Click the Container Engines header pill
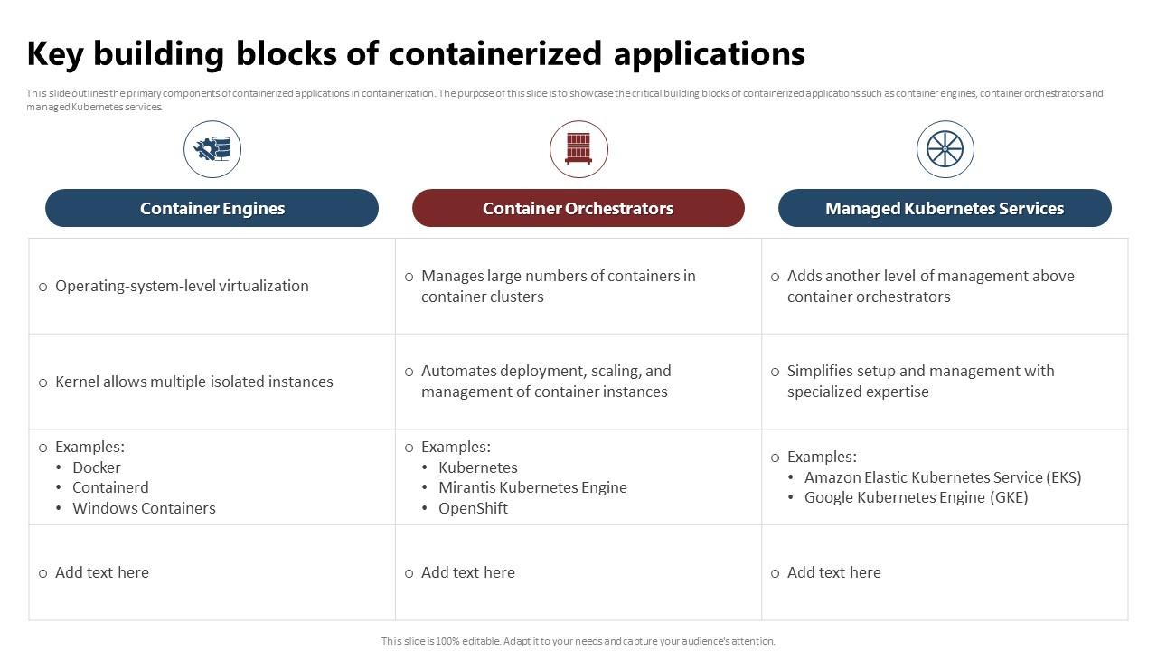212,208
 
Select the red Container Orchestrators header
578,208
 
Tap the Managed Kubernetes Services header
944,208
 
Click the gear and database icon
212,149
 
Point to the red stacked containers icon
578,149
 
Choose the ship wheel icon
945,149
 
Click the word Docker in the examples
97,467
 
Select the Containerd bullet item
110,487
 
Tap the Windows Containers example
144,508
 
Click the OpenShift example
473,508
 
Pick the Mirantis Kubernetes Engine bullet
532,487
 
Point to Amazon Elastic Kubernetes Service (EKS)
943,477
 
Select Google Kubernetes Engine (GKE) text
916,497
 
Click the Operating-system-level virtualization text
182,286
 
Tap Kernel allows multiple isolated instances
193,382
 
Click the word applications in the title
710,54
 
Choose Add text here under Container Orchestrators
467,572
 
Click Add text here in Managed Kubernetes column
833,572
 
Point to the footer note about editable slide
578,641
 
